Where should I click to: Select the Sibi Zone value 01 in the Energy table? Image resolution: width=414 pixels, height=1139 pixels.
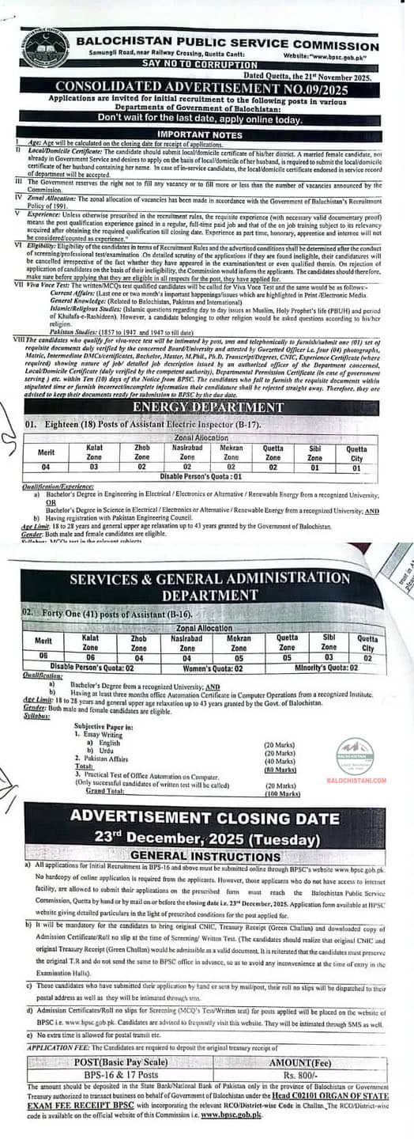[314, 467]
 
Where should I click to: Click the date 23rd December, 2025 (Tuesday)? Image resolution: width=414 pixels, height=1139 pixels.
[207, 838]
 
